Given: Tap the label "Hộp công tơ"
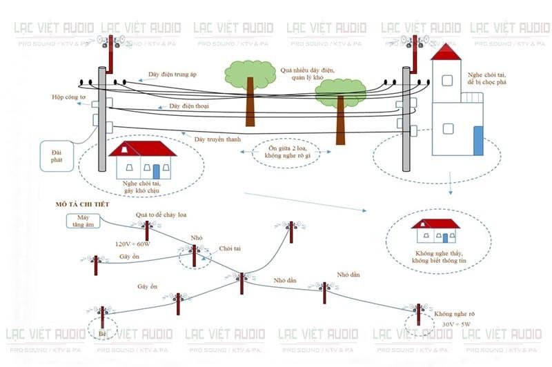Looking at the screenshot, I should pos(68,97).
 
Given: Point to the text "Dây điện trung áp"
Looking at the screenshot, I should pos(175,74).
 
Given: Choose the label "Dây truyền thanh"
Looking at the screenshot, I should pos(217,139).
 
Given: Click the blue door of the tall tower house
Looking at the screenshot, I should pos(477,140).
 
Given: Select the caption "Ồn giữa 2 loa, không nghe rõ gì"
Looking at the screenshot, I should pos(284,152).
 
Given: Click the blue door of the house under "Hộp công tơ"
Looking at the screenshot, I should pos(157,170).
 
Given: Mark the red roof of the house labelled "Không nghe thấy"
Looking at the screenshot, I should pos(435,224).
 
